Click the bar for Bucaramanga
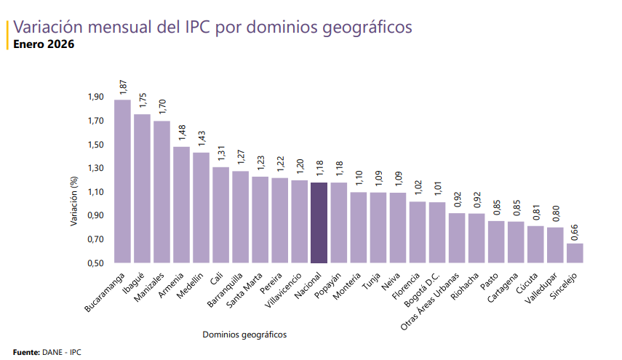[x=122, y=182]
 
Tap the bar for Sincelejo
[x=575, y=253]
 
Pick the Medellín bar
[x=201, y=208]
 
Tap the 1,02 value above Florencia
[x=418, y=188]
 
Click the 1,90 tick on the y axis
[x=96, y=97]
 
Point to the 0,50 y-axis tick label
[x=96, y=263]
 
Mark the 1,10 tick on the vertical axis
[x=96, y=192]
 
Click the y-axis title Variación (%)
[x=73, y=202]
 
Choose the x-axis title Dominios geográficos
[x=244, y=335]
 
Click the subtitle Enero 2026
[x=44, y=44]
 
